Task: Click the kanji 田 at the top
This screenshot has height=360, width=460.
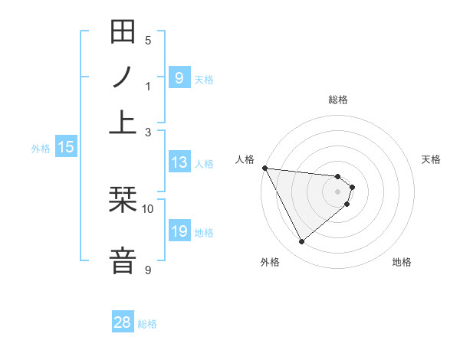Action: click(x=123, y=33)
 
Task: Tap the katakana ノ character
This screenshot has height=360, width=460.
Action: click(x=123, y=77)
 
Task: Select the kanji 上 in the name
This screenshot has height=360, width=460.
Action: click(x=123, y=122)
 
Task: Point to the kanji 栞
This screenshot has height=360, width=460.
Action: click(x=123, y=201)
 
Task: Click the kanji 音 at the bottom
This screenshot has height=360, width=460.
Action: click(x=123, y=260)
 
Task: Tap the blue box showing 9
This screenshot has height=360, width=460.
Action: click(x=179, y=77)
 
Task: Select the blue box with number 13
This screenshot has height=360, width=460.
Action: click(x=179, y=162)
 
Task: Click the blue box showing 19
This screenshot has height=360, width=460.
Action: click(x=179, y=231)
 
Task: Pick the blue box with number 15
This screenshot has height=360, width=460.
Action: click(x=66, y=148)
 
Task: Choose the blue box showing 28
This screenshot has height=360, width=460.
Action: click(x=123, y=322)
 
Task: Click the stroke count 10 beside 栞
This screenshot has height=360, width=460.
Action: click(x=148, y=208)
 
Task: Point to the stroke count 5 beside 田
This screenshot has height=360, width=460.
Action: click(x=148, y=41)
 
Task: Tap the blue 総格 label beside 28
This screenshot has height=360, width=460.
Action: click(x=147, y=324)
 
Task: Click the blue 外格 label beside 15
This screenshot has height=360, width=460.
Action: click(x=40, y=149)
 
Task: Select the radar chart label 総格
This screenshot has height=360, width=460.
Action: click(x=337, y=100)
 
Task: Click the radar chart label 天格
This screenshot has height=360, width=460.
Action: click(x=431, y=159)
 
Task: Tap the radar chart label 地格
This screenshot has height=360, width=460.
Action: click(x=402, y=263)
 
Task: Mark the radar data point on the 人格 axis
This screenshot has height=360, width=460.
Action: click(x=264, y=168)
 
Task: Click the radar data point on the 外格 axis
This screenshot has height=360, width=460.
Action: click(x=301, y=242)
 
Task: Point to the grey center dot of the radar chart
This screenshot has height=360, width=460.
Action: click(x=337, y=191)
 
